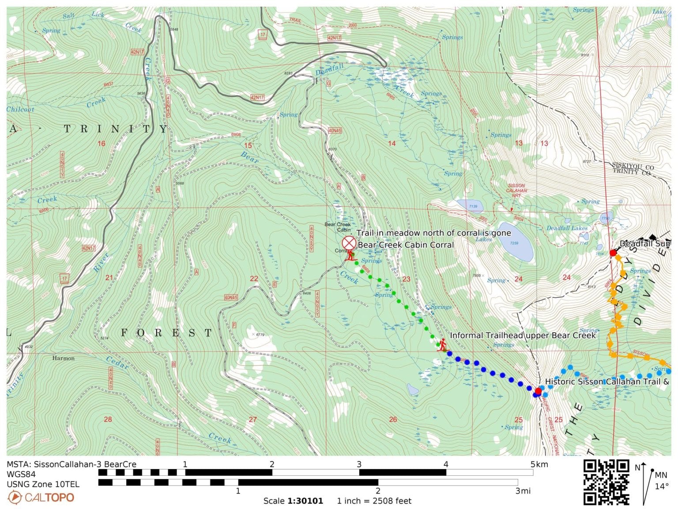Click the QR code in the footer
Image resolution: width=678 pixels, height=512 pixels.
tap(606, 482)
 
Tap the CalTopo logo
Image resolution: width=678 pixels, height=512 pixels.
tap(41, 497)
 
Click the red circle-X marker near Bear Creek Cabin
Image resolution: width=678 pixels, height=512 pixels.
tap(349, 243)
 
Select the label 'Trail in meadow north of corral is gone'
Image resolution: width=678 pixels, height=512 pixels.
tap(433, 233)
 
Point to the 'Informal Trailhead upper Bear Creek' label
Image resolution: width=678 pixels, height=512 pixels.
tap(523, 335)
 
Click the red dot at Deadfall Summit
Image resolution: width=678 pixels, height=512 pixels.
tap(613, 253)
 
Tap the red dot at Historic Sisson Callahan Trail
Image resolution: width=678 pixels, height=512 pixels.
tap(538, 391)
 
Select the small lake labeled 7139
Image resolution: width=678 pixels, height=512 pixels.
tap(470, 206)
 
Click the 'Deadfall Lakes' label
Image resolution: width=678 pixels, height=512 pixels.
tap(567, 228)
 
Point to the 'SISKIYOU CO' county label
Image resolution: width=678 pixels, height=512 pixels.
tap(633, 166)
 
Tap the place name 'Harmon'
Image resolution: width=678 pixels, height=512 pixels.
tap(63, 358)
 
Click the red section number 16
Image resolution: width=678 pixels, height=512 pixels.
tap(101, 144)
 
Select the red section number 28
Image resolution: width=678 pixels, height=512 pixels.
tap(108, 419)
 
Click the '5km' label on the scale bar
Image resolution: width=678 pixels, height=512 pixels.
tap(539, 464)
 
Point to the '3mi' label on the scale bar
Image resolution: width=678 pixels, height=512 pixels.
tap(523, 491)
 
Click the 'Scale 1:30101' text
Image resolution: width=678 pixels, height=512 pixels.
tap(293, 501)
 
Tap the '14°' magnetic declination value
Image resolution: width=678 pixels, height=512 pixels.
tap(662, 486)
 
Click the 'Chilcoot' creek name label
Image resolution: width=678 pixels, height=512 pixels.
tap(20, 109)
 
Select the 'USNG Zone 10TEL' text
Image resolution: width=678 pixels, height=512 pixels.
tap(43, 484)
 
